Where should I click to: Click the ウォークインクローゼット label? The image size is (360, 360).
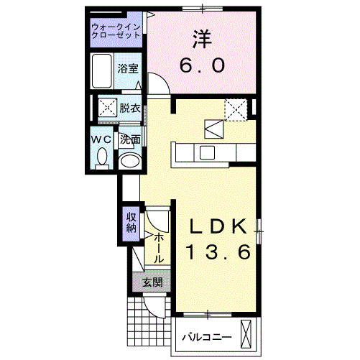[x=117, y=32]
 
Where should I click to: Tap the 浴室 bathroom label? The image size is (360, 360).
[x=130, y=70]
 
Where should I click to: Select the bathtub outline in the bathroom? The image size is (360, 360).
[x=103, y=70]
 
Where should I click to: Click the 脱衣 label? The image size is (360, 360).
[x=130, y=109]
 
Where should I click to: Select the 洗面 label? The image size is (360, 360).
[x=129, y=139]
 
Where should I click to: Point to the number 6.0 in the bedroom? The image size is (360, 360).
[x=202, y=65]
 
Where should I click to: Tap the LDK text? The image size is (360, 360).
[x=218, y=226]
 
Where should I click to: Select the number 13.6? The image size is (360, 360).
[x=218, y=253]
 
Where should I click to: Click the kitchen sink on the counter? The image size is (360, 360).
[x=207, y=152]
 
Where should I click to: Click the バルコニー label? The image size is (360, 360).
[x=206, y=337]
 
